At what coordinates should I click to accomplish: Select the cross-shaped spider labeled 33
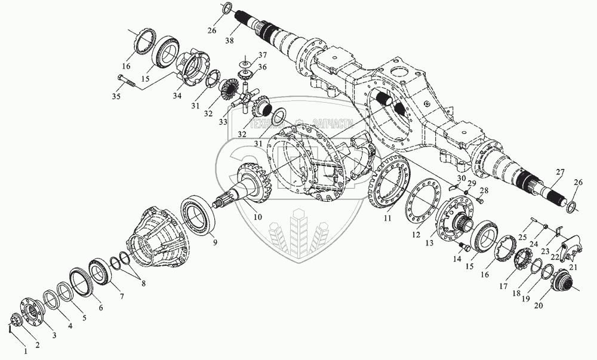pos(243,97)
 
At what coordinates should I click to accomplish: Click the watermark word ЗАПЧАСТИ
pos(332,124)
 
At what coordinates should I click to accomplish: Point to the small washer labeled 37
pos(245,63)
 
